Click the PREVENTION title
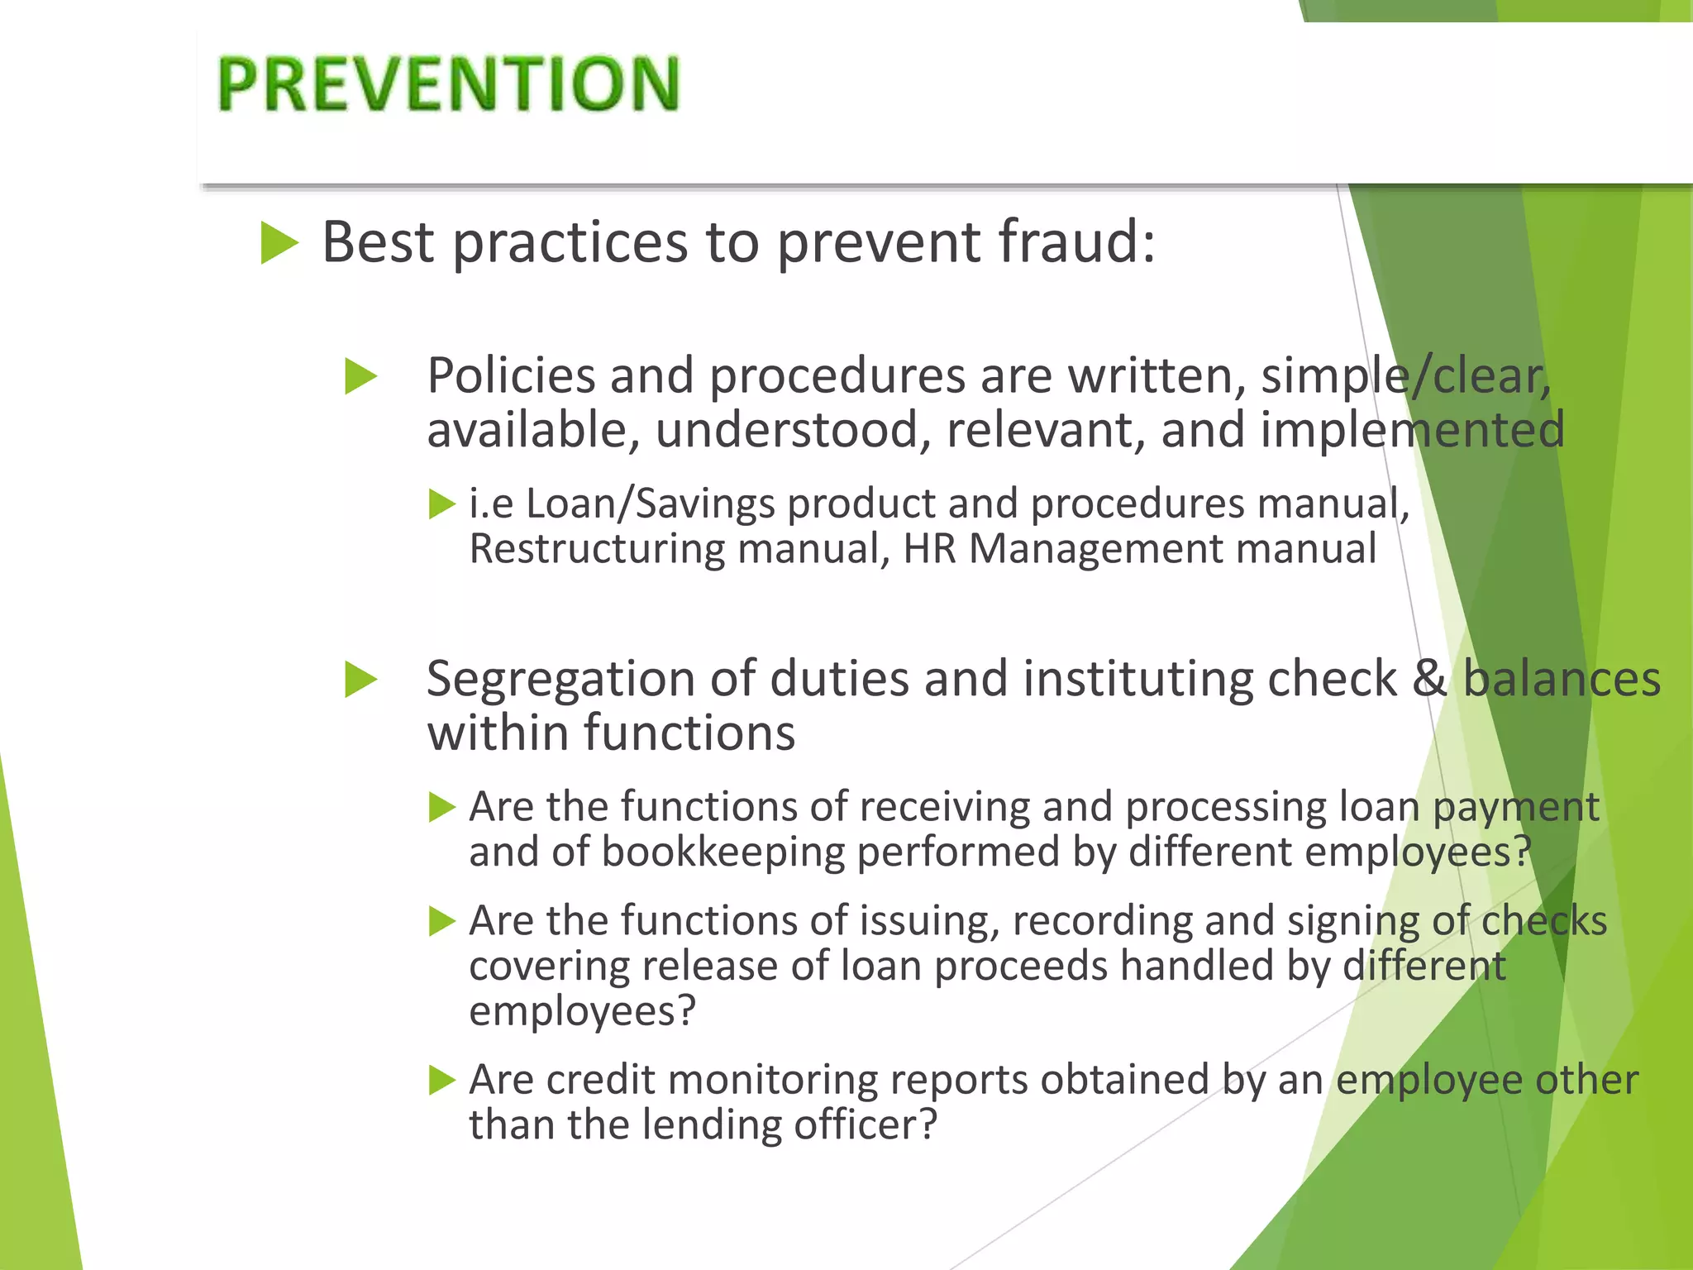pos(449,84)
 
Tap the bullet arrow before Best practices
pos(279,242)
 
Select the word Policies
pos(511,375)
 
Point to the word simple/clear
pos(1405,377)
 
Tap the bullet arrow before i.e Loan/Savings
pos(442,504)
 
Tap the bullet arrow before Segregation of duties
pos(361,680)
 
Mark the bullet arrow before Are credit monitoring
pos(442,1080)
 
